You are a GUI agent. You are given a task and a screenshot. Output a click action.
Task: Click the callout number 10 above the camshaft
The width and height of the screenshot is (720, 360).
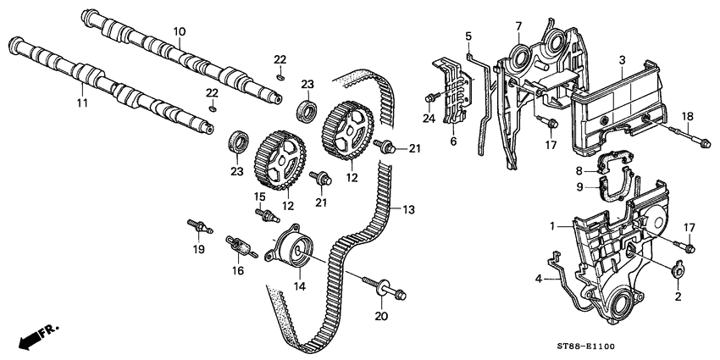[x=179, y=31]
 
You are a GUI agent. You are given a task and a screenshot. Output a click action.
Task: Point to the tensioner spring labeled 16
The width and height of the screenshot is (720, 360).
[x=241, y=247]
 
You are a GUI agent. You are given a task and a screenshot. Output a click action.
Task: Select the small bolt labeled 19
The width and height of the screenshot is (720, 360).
[x=198, y=227]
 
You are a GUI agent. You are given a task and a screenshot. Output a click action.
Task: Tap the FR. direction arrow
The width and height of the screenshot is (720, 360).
[x=31, y=337]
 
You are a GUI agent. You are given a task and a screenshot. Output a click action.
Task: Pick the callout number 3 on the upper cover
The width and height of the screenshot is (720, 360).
[x=623, y=59]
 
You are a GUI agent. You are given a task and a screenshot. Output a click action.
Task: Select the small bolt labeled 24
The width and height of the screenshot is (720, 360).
[x=434, y=99]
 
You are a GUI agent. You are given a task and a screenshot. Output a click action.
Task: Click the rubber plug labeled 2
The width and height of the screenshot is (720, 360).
[x=678, y=271]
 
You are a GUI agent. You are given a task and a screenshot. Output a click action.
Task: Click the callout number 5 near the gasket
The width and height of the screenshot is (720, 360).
[x=467, y=36]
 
